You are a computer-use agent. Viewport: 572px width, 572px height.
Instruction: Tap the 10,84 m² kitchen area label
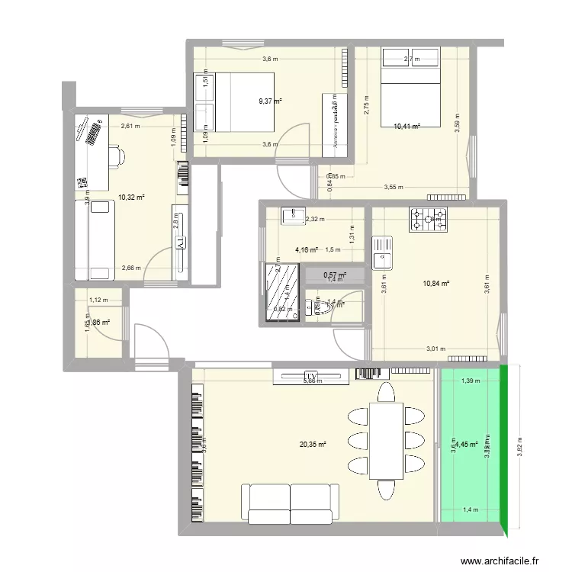click(x=435, y=284)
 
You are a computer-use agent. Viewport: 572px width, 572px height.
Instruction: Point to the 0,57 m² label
click(x=334, y=275)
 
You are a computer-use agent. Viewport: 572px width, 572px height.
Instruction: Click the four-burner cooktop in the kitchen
click(x=423, y=220)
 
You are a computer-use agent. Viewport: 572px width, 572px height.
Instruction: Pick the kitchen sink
click(x=381, y=252)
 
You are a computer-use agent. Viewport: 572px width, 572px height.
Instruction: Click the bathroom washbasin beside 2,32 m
click(x=293, y=217)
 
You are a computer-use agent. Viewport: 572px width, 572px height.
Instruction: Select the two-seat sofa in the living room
click(x=291, y=503)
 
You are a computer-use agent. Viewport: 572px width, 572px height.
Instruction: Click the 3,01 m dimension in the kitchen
click(x=435, y=349)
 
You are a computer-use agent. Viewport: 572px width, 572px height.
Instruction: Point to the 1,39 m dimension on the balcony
click(x=471, y=380)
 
